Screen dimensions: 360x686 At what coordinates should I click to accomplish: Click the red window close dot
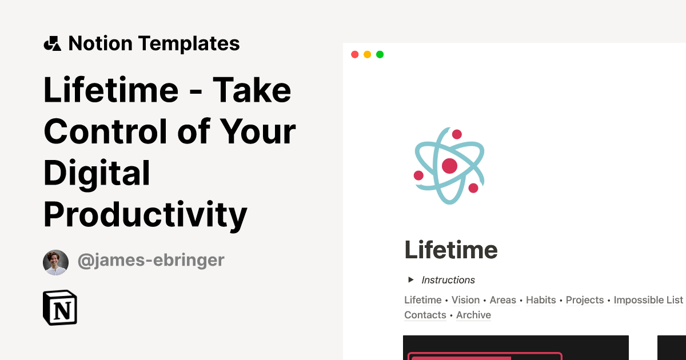coord(354,54)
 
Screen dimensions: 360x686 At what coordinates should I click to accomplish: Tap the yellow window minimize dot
coord(367,54)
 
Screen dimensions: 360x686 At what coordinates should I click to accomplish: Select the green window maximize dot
coord(380,54)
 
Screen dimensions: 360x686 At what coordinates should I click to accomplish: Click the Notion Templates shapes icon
coord(52,43)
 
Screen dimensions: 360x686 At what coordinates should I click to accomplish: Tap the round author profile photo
coord(55,262)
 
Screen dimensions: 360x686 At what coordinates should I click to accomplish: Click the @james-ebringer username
coord(151,261)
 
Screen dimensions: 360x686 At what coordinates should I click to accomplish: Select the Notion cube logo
coord(60,308)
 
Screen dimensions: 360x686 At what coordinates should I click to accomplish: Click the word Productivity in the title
coord(145,215)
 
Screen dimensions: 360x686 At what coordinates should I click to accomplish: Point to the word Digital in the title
coord(97,173)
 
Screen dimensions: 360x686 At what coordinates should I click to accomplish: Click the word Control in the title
coord(105,131)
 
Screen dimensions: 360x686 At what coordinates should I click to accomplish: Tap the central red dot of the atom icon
coord(449,166)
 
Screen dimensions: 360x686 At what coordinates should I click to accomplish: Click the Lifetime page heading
coord(450,250)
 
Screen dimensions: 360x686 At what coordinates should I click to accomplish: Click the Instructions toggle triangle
coord(410,279)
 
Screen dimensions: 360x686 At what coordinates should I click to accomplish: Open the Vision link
coord(465,300)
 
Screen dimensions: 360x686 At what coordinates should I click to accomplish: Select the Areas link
coord(502,300)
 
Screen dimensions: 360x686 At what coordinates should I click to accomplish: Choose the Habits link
coord(541,300)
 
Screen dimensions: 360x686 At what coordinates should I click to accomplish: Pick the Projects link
coord(585,300)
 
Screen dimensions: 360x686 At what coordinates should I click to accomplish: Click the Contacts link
coord(425,315)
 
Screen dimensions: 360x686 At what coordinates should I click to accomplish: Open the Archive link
coord(473,315)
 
